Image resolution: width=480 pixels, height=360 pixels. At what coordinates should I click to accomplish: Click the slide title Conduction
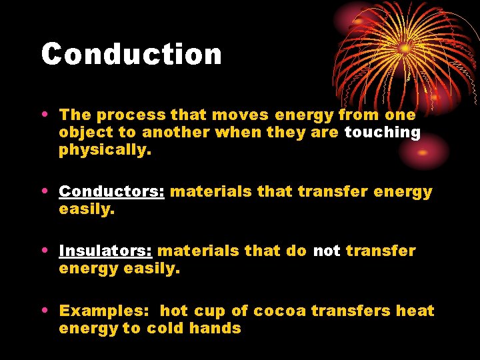click(131, 54)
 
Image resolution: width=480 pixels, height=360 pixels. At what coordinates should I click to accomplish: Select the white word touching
click(382, 133)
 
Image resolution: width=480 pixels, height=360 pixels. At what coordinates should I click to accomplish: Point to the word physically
click(105, 150)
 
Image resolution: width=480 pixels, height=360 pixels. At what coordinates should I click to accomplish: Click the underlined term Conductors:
click(111, 192)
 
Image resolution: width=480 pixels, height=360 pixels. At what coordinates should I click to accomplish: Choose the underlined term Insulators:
click(105, 251)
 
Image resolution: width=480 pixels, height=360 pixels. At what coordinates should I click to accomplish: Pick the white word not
click(326, 251)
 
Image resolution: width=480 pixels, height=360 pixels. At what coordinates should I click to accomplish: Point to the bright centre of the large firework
click(405, 49)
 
